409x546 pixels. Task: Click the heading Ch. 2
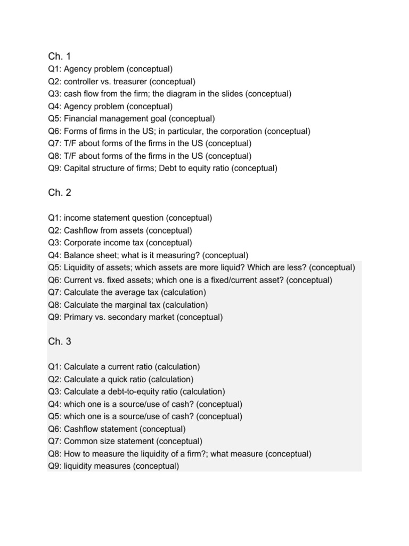click(x=59, y=193)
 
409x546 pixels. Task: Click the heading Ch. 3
click(x=59, y=342)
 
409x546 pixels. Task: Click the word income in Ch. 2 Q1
click(x=77, y=218)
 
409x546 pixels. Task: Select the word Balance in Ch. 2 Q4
click(x=79, y=255)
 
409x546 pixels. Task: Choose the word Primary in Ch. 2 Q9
click(x=79, y=317)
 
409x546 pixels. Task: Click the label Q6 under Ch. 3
click(x=54, y=429)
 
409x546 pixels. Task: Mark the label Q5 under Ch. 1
click(x=54, y=119)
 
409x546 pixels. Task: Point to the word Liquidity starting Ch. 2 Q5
click(x=79, y=268)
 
